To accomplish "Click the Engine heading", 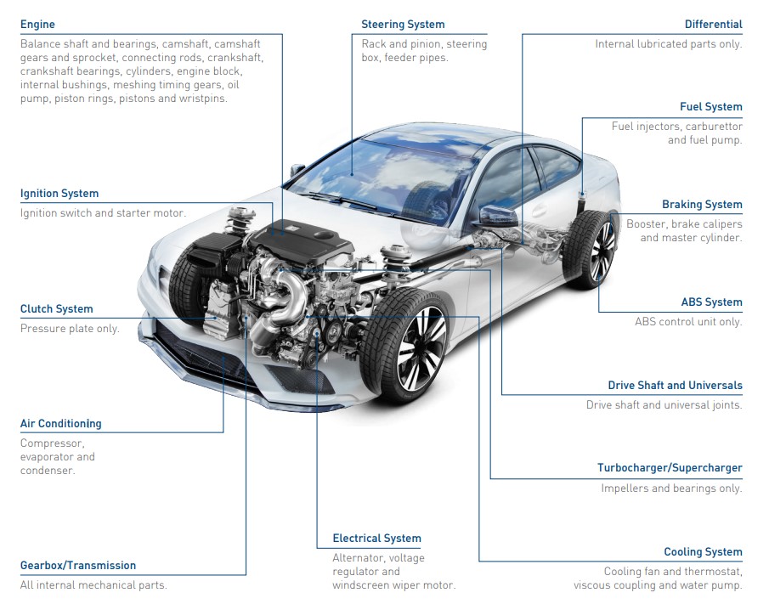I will [37, 25].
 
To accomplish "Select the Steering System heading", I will [403, 25].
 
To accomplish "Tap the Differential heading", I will [714, 25].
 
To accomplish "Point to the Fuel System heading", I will [710, 107].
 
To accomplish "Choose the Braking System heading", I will [702, 205].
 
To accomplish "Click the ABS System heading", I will [711, 302].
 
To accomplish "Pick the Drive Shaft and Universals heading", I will [675, 386].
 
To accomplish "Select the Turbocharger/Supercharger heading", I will [670, 468].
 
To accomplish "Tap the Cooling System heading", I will [703, 552].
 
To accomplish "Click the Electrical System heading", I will [376, 539].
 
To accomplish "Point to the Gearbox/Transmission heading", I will [78, 566].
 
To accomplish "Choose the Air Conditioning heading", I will [60, 424].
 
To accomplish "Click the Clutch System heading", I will [56, 309].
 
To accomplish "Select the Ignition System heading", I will [59, 194].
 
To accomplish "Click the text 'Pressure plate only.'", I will [70, 329].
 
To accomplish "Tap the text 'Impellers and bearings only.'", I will [671, 488].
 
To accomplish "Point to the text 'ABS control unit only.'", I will [688, 322].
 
